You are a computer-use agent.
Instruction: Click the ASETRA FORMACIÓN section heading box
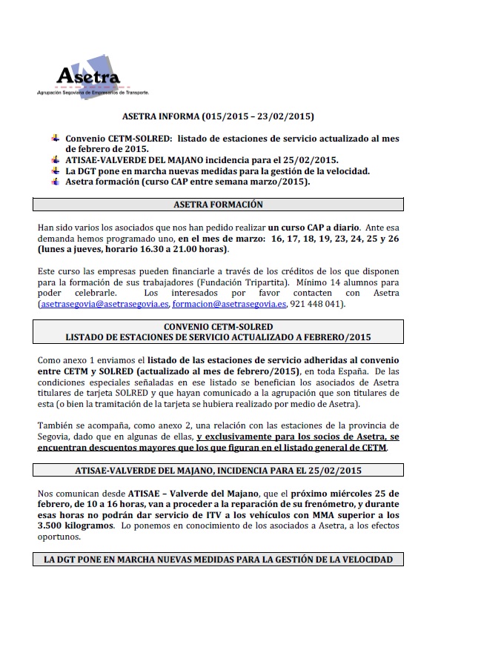tap(218, 205)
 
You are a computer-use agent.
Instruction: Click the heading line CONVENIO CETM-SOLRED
tap(218, 326)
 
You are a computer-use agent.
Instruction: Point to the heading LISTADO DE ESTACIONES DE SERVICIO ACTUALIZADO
tap(218, 337)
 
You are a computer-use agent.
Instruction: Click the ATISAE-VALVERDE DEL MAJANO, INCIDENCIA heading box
tap(218, 470)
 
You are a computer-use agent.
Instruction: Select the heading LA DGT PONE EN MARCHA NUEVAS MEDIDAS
tap(218, 559)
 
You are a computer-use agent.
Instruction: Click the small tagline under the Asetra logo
tap(93, 93)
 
